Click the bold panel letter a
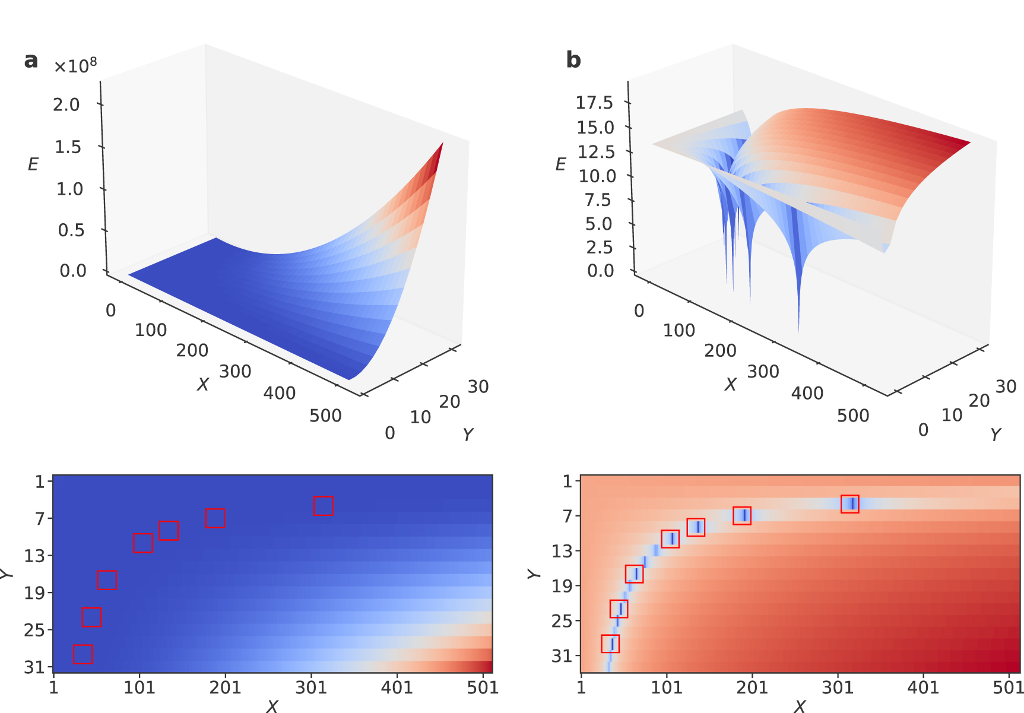31,61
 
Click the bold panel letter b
573,61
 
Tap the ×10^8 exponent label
75,65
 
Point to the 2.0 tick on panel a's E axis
66,105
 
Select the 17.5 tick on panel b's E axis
594,103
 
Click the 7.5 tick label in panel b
597,200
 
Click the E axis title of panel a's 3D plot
33,164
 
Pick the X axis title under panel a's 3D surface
203,385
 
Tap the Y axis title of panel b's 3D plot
996,435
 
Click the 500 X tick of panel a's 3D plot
325,416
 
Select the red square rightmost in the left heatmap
323,506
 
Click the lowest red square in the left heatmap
83,654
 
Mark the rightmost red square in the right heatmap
849,504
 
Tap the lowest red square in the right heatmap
610,644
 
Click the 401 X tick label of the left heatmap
397,687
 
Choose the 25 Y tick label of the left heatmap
34,630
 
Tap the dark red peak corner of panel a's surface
442,144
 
